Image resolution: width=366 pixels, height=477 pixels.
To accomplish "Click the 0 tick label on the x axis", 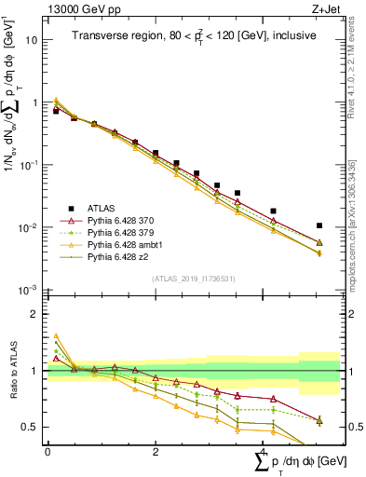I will [x=47, y=453].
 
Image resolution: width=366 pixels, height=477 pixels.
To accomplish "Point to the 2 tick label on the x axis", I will [x=156, y=453].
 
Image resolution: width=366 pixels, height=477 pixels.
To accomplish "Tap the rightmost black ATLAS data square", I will [x=319, y=225].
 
